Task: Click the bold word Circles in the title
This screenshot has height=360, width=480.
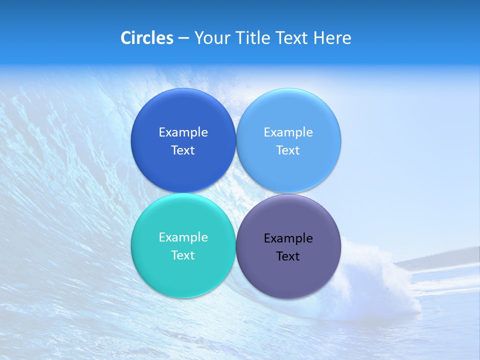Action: coord(147,38)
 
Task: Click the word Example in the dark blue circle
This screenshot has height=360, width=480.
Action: coord(183,132)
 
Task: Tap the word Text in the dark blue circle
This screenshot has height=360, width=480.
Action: coord(183,150)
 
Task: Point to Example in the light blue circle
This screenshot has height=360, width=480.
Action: coord(288,132)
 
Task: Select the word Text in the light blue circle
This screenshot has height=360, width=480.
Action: coord(288,150)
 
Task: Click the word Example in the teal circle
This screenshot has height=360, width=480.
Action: coord(183,237)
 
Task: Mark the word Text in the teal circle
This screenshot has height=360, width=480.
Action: coord(183,255)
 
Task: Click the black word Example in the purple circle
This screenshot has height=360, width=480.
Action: coord(288,238)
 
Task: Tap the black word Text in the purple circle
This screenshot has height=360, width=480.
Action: coord(288,256)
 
